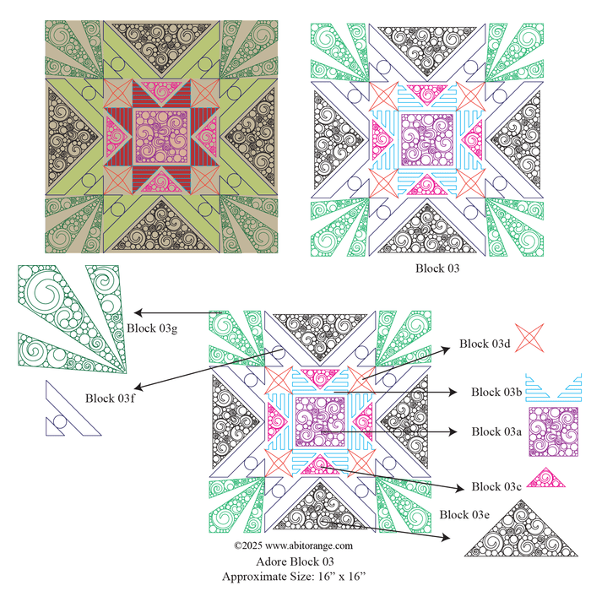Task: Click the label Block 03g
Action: coord(152,328)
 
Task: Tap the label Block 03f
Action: coord(110,399)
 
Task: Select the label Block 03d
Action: coord(485,344)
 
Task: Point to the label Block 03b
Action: coord(496,392)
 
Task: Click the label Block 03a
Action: coord(496,431)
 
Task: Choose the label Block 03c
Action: coord(496,486)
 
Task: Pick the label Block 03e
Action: coord(464,515)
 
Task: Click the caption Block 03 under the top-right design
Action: coord(437,268)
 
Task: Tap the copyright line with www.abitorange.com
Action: coord(293,545)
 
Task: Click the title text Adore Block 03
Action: coord(295,561)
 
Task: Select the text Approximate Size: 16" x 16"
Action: coord(294,577)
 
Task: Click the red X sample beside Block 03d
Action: coord(529,338)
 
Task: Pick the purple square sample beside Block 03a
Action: coord(553,431)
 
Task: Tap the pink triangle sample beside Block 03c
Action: coord(545,480)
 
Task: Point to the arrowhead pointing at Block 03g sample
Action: coord(138,312)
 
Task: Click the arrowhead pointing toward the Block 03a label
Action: coord(453,431)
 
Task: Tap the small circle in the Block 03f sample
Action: coord(60,422)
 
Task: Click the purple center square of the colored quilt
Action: coord(161,137)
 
